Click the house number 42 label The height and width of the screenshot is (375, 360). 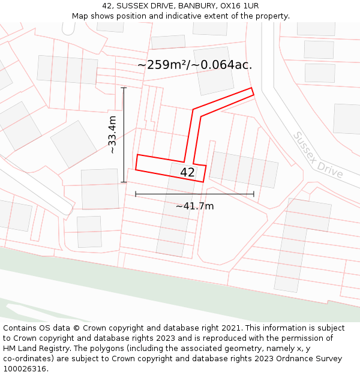pyautogui.click(x=187, y=172)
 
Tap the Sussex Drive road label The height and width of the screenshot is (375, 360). pyautogui.click(x=317, y=155)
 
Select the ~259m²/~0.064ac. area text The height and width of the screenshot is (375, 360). pyautogui.click(x=194, y=65)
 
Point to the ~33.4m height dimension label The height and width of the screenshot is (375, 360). pyautogui.click(x=112, y=135)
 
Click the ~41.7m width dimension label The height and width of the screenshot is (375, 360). pyautogui.click(x=194, y=206)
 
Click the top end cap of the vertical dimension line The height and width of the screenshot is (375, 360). pyautogui.click(x=124, y=88)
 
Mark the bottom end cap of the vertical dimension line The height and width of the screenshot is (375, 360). pyautogui.click(x=124, y=182)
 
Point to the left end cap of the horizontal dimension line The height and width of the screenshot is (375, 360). pyautogui.click(x=136, y=194)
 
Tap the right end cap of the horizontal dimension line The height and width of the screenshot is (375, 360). pyautogui.click(x=254, y=194)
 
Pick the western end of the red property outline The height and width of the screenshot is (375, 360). pyautogui.click(x=136, y=162)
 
